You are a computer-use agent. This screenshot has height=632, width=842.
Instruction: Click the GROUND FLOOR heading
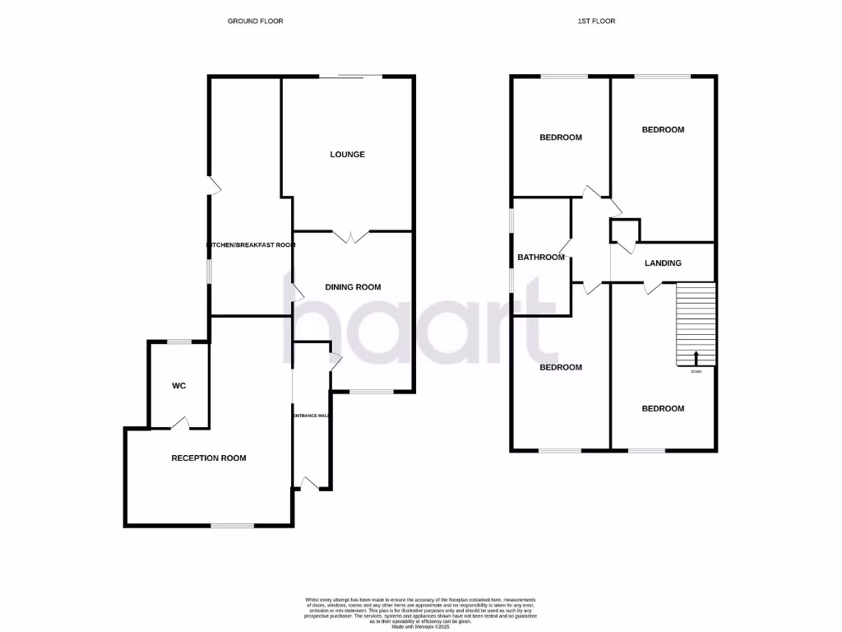[255, 21]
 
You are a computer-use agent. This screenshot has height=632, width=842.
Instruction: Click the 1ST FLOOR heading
[596, 21]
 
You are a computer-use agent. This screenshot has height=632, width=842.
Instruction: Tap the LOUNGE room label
[347, 155]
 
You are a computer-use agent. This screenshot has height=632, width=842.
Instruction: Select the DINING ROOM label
[353, 287]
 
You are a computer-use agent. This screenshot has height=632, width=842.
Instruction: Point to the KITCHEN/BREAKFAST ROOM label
[250, 245]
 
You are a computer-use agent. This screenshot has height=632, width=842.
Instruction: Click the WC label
[180, 386]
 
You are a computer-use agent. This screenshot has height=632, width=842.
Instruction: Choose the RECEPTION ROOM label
[208, 458]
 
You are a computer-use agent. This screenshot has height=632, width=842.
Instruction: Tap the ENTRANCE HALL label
[312, 416]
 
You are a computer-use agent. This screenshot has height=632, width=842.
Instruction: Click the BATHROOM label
[541, 258]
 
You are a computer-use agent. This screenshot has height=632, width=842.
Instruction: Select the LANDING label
[663, 263]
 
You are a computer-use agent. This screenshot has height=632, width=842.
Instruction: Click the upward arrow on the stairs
[696, 358]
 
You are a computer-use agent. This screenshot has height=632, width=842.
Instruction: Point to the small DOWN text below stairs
[696, 372]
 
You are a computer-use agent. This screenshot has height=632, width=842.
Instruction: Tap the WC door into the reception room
[180, 424]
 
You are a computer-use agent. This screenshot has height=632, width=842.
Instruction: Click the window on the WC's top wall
[178, 342]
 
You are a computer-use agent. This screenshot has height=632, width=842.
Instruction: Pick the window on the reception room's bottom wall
[233, 525]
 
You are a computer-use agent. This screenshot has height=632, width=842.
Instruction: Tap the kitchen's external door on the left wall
[213, 186]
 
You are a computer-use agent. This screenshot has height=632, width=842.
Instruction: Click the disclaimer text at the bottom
[420, 612]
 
